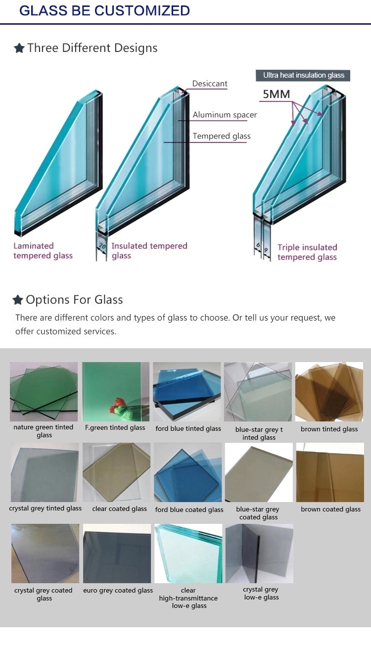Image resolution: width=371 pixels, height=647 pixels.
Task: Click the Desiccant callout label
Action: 210,84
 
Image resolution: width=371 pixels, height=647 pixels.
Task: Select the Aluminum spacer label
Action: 225,115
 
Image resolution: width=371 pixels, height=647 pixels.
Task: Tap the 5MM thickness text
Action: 276,94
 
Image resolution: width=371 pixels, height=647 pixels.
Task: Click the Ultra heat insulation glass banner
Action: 303,75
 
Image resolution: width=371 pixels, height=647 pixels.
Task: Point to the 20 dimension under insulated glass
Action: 102,246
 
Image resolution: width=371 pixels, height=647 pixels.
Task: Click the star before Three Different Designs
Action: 19,48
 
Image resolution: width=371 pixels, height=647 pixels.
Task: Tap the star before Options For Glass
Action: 18,300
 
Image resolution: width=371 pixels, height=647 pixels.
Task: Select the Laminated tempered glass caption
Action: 43,251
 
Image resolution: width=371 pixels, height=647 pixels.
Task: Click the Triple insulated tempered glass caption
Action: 307,252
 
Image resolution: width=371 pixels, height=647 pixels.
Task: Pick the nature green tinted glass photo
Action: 44,392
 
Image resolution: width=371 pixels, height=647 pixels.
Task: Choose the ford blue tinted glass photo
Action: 187,392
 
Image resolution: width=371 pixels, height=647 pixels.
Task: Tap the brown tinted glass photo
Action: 329,392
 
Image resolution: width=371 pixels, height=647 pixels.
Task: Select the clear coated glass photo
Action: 116,472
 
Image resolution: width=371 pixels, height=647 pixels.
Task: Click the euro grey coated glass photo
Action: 117,554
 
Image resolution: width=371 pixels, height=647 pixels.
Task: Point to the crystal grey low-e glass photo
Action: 260,554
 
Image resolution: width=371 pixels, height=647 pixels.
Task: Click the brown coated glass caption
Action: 330,509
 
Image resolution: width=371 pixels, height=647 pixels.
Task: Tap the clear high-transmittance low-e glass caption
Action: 188,598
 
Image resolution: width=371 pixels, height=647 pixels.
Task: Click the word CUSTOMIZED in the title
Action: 142,11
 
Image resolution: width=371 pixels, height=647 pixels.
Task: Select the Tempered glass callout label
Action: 222,136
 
